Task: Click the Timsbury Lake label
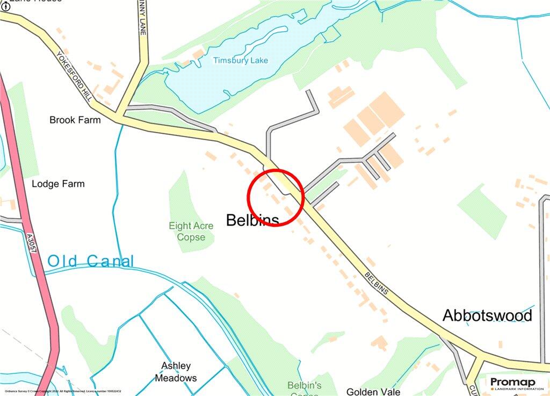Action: pos(240,60)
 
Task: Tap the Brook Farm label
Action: pos(75,120)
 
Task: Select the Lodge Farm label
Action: pos(58,184)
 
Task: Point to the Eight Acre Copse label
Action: pos(191,232)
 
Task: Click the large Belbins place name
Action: pos(252,220)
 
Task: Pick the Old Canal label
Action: pos(90,262)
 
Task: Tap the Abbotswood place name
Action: pos(487,315)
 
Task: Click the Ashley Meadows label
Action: pos(176,372)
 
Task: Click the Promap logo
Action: pos(512,382)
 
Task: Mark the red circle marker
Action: pos(276,197)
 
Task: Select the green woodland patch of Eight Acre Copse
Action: pos(185,199)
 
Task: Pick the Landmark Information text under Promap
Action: pos(515,388)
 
